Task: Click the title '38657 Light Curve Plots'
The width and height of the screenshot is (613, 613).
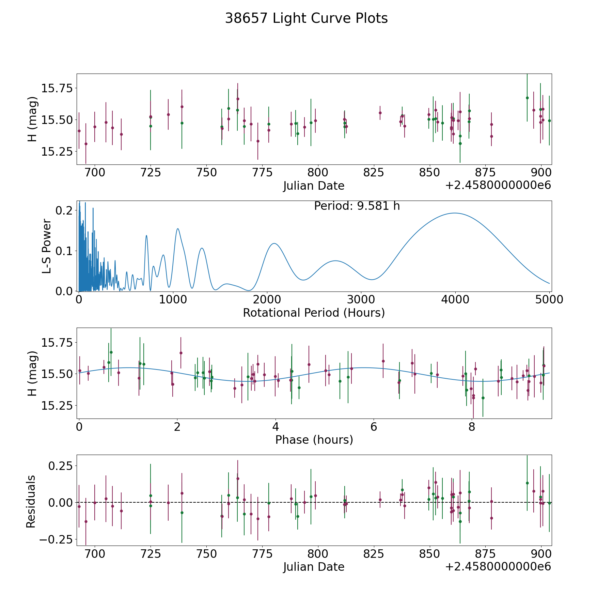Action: [x=306, y=18]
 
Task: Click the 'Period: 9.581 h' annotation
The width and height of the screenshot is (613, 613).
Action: [x=357, y=206]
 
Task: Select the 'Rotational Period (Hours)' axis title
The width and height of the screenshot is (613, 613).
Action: [x=314, y=313]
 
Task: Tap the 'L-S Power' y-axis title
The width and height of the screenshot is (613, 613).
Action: [x=47, y=246]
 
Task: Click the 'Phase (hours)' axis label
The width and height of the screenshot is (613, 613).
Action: [x=314, y=440]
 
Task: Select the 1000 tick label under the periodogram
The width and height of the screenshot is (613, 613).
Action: [x=173, y=300]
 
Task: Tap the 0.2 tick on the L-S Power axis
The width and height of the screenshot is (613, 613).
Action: [x=64, y=210]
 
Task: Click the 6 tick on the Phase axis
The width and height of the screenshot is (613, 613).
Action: [x=374, y=427]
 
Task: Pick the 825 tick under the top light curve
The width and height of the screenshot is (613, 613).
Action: [x=374, y=173]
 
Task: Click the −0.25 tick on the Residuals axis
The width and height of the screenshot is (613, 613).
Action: [x=56, y=539]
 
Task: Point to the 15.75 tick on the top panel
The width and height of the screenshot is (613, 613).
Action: [x=57, y=88]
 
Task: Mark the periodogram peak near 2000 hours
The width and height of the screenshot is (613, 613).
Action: [x=274, y=243]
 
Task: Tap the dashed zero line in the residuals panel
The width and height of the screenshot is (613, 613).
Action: [x=314, y=502]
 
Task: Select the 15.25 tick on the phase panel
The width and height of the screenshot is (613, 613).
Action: [x=57, y=406]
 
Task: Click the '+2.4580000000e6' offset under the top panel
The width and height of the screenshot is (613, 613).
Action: [x=498, y=185]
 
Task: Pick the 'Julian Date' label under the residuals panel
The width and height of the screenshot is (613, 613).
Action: [x=314, y=567]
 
